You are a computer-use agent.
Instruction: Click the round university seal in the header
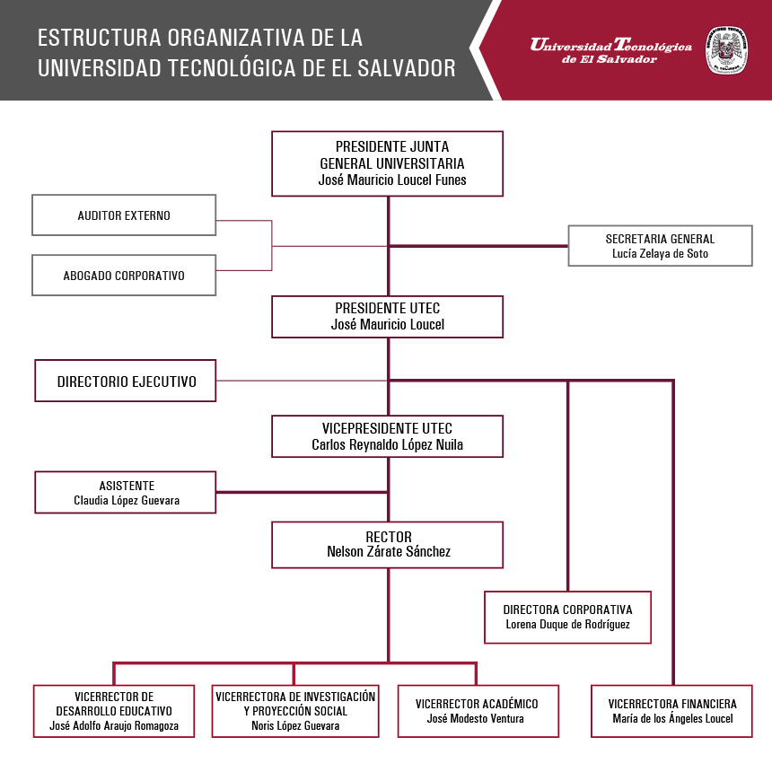click(x=727, y=50)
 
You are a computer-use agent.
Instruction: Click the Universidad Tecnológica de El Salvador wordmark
click(x=611, y=50)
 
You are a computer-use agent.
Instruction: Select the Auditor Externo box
click(x=124, y=215)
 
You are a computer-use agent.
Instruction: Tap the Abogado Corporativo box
click(x=124, y=276)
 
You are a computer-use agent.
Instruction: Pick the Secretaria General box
click(x=660, y=246)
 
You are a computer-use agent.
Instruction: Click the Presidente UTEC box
click(x=388, y=317)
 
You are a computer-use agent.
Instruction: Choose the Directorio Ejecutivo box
click(x=126, y=381)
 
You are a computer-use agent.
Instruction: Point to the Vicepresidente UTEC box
click(x=388, y=436)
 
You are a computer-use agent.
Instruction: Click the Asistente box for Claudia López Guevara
click(x=126, y=492)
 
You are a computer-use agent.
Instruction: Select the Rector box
click(x=388, y=545)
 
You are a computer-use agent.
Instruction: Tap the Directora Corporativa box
click(x=567, y=617)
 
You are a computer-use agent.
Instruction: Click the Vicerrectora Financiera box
click(x=672, y=711)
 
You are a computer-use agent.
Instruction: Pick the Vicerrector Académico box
click(x=478, y=711)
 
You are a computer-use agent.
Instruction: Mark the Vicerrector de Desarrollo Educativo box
click(x=114, y=711)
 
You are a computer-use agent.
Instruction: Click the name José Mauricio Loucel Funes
click(x=392, y=180)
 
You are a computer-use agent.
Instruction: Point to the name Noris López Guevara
click(x=295, y=725)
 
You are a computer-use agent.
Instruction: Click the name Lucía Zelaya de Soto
click(x=660, y=253)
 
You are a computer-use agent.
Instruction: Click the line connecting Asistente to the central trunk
click(x=302, y=492)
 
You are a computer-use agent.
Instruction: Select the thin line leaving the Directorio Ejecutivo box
click(x=302, y=381)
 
